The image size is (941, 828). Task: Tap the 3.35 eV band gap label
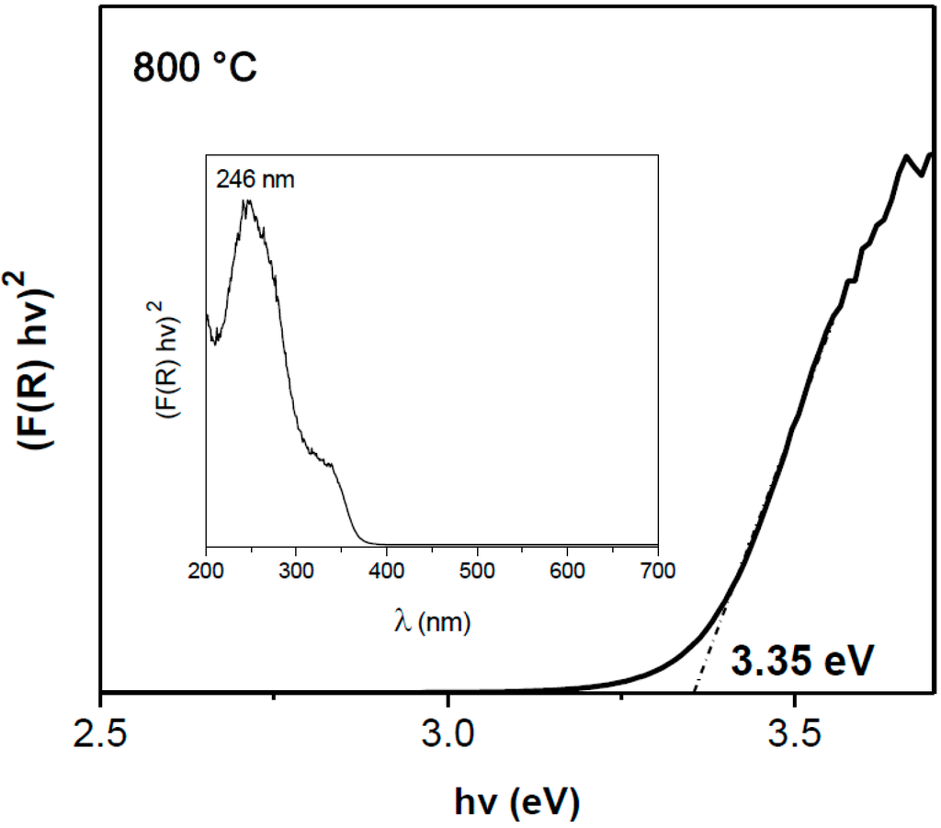click(x=799, y=661)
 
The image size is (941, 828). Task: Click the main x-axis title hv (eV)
click(x=517, y=801)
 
